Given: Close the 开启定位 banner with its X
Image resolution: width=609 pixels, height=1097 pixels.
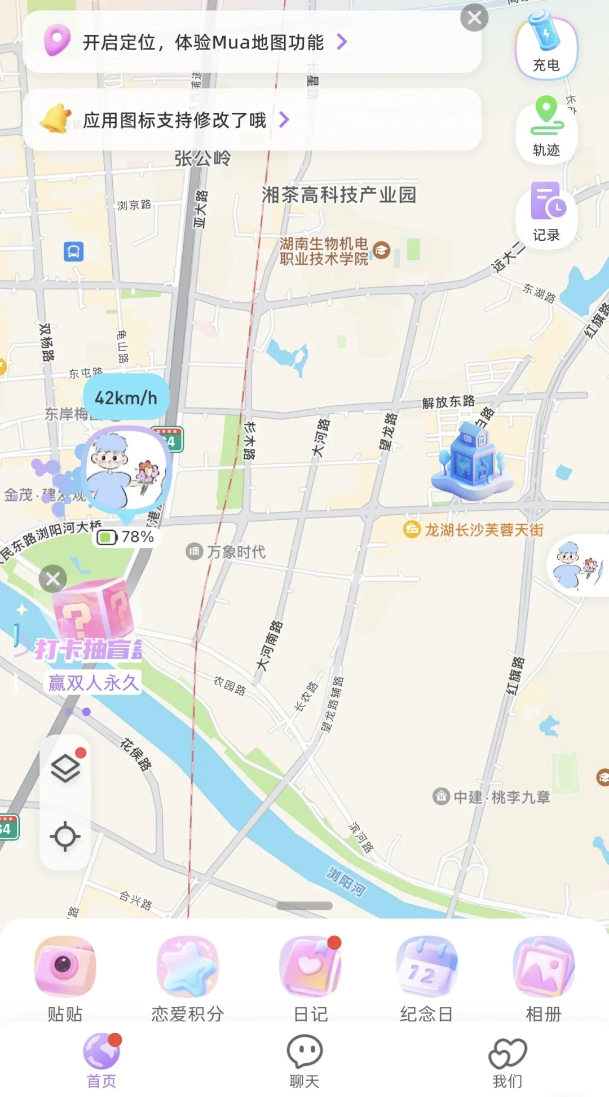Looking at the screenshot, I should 474,18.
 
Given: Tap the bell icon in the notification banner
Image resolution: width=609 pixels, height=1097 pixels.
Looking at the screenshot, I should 55,118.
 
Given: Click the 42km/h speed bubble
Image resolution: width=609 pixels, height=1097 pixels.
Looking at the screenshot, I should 126,398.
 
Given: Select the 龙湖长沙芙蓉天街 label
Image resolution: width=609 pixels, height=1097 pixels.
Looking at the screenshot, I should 483,530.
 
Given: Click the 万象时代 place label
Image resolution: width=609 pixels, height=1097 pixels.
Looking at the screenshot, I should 236,551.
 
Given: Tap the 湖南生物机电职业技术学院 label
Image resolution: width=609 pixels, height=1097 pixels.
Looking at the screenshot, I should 324,251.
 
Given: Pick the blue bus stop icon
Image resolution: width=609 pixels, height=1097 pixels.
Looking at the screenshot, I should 74,251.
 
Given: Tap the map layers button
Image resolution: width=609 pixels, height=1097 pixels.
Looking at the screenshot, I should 65,768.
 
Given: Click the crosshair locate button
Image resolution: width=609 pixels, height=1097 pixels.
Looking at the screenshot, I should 65,836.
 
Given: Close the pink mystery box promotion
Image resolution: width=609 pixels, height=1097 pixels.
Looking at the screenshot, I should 53,579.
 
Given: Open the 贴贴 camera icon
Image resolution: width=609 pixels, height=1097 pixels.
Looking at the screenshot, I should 65,966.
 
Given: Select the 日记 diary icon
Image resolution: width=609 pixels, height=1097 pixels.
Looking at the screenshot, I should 310,966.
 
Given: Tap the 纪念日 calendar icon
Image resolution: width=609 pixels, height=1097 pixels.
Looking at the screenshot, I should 426,966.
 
